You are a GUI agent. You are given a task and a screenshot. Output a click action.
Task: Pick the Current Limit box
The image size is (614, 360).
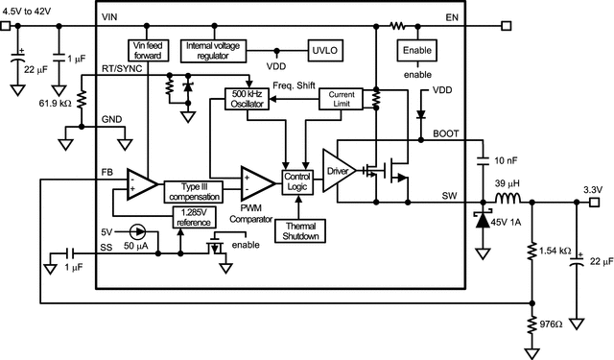pos(342,99)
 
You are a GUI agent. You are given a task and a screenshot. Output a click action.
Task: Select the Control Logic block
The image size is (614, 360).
pos(298,180)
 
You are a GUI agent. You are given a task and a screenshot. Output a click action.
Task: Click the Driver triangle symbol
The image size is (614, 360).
pos(339,171)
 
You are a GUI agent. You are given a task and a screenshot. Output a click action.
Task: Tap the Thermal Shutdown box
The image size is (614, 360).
pos(298,230)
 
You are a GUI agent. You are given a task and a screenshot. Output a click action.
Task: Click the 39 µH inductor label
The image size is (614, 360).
pos(508,183)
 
